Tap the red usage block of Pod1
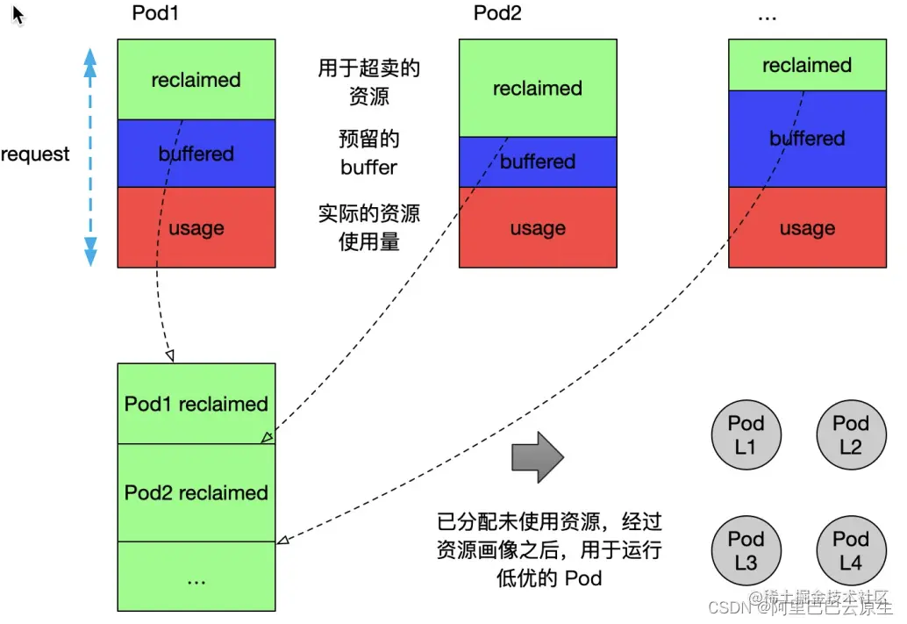(x=196, y=227)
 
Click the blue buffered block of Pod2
(x=537, y=161)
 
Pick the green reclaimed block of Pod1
(x=196, y=79)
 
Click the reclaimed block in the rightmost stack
(x=807, y=65)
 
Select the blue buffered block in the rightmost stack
(x=807, y=138)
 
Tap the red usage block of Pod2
(x=537, y=227)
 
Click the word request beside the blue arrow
(x=35, y=154)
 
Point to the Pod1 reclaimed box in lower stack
(x=196, y=404)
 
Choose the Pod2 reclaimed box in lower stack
(x=196, y=492)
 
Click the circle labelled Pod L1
(x=746, y=434)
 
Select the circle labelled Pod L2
(x=850, y=434)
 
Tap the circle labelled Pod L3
(x=746, y=550)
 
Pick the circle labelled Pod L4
(x=850, y=550)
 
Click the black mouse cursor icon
(x=18, y=15)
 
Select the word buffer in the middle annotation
(x=368, y=167)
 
